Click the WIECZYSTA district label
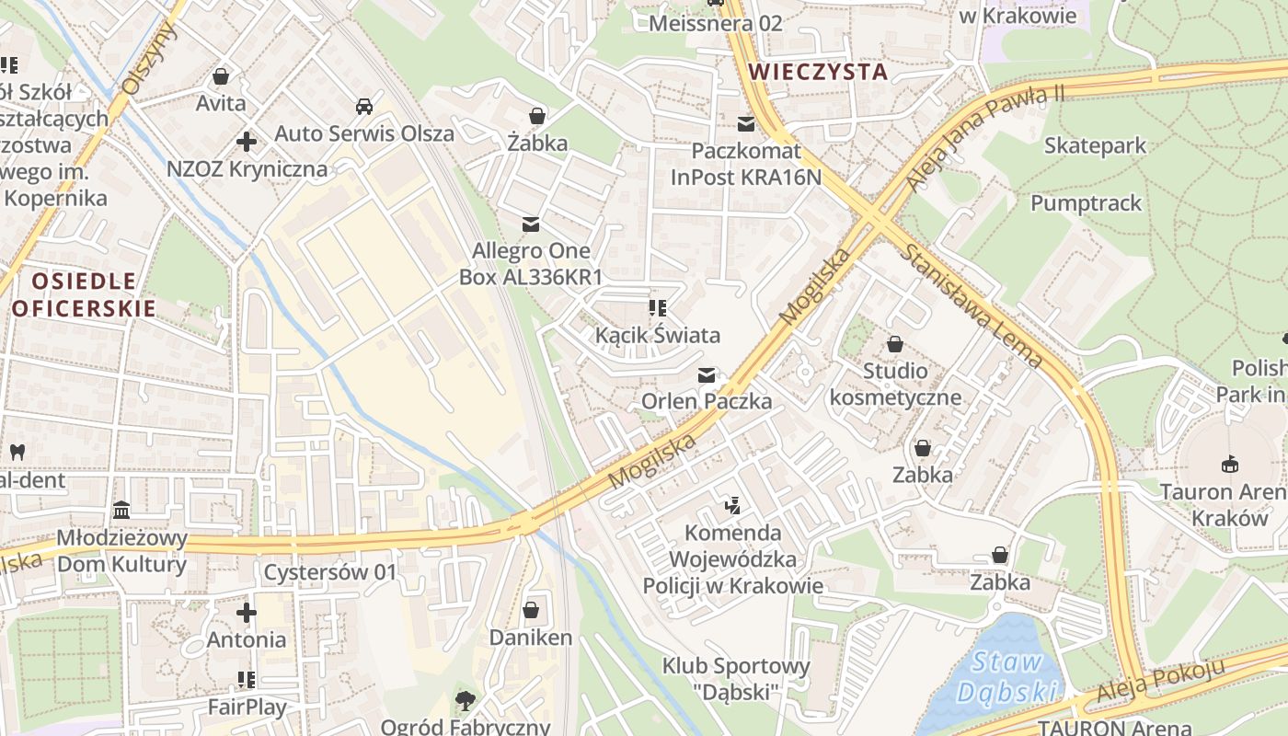point(818,72)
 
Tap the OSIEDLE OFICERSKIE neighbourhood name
point(84,294)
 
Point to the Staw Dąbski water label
point(1007,676)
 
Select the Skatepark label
point(1095,145)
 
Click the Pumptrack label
point(1086,203)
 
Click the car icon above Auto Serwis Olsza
point(364,106)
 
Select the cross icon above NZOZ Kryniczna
point(247,142)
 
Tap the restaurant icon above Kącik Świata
point(657,307)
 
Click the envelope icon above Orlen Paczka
point(707,374)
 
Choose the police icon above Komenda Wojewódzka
point(732,505)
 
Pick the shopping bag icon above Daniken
point(531,610)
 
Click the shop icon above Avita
point(221,75)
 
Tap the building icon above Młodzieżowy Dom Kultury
point(121,510)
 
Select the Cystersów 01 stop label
point(330,572)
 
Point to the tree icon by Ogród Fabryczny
point(466,701)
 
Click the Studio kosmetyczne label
point(895,385)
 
